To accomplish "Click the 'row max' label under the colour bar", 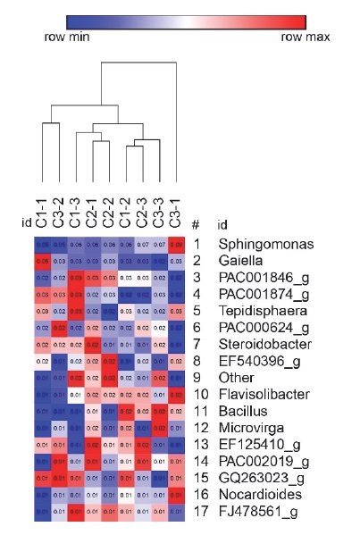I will click(x=306, y=38).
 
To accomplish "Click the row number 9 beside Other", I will click(x=196, y=377).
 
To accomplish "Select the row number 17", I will click(x=198, y=511).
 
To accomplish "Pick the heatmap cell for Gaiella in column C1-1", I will click(x=41, y=260).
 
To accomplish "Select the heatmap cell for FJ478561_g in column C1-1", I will click(x=41, y=511).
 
